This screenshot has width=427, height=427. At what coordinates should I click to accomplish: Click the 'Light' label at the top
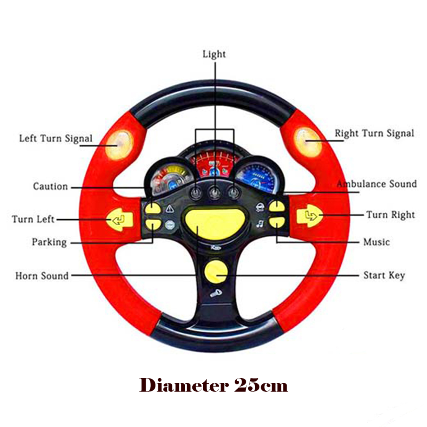[x=214, y=55]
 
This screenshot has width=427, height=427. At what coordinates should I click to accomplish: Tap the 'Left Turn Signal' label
[x=56, y=138]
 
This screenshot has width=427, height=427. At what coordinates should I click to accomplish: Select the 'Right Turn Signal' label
[x=374, y=133]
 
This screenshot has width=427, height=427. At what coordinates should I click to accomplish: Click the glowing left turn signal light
[x=119, y=145]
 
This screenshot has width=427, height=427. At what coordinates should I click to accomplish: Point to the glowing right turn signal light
[x=308, y=142]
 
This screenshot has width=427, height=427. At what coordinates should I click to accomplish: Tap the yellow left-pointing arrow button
[x=120, y=219]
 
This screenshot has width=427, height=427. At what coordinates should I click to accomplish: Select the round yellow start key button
[x=216, y=272]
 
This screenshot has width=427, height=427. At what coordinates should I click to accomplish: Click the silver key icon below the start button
[x=216, y=293]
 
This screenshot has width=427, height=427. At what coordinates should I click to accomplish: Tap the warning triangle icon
[x=170, y=209]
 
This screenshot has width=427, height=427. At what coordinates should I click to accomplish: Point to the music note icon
[x=260, y=224]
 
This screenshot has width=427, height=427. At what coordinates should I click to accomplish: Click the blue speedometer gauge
[x=256, y=177]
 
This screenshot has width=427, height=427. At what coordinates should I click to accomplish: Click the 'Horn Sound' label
[x=42, y=276]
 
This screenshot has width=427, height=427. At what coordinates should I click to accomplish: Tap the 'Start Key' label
[x=384, y=275]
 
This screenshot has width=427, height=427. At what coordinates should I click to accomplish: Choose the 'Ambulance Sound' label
[x=377, y=184]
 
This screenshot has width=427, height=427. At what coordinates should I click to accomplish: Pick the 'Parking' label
[x=49, y=242]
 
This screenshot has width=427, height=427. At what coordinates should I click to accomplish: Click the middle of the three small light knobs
[x=215, y=193]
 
